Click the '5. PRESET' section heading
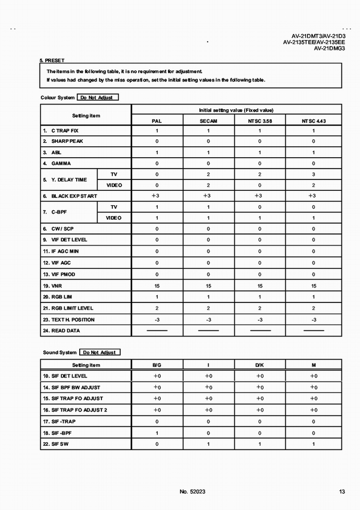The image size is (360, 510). [x=52, y=61]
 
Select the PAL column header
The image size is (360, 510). [x=157, y=121]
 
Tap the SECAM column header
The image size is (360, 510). [x=208, y=121]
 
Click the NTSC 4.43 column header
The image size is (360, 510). [x=313, y=121]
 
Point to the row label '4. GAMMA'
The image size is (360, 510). [x=56, y=163]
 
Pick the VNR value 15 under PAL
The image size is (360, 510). [x=157, y=286]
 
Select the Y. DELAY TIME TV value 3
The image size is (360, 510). [x=313, y=174]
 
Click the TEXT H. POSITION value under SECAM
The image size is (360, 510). [x=208, y=319]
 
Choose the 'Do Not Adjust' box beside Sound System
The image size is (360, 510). [x=99, y=352]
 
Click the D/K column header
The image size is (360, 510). [x=260, y=365]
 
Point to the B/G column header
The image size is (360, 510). [x=157, y=365]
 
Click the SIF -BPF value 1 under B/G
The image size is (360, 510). [x=157, y=432]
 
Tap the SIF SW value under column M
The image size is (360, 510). [x=313, y=443]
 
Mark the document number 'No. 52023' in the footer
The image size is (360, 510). [x=193, y=492]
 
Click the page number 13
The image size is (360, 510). [x=341, y=492]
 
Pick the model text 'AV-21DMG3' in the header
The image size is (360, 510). [x=329, y=49]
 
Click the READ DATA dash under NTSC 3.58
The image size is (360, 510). [x=260, y=331]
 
